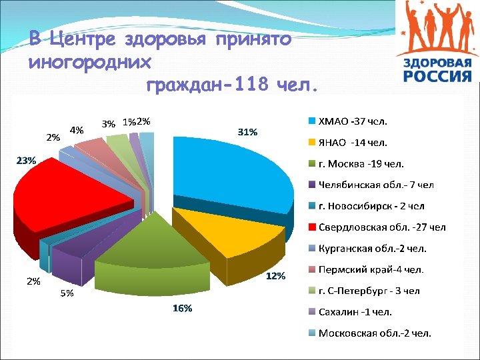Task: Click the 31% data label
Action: pos(247,132)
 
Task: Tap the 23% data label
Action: pos(26,160)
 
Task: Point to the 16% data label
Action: pos(182,308)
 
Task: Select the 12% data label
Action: pos(276,276)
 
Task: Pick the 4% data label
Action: pos(77,130)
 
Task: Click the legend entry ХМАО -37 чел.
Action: pos(353,121)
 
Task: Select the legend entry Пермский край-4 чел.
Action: pos(371,269)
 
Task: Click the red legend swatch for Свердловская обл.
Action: pos(311,227)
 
